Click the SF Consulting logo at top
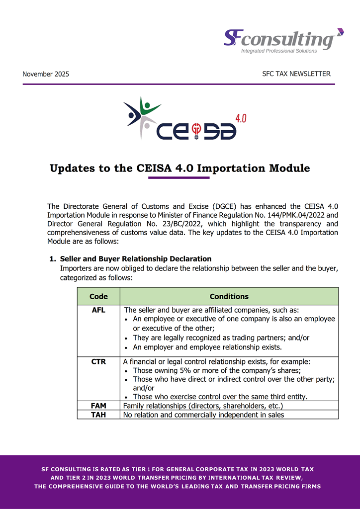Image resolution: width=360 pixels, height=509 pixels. [283, 40]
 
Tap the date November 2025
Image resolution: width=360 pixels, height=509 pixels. [46, 74]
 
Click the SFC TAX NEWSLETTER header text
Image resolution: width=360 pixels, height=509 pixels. [296, 74]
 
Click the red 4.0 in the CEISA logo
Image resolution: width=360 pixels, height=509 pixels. [240, 118]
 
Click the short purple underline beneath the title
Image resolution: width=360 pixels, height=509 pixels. [179, 177]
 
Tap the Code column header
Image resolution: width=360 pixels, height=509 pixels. [98, 296]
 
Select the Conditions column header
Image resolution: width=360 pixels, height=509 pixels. [229, 296]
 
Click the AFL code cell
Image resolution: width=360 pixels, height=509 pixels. [98, 310]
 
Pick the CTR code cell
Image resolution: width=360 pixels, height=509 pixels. [98, 362]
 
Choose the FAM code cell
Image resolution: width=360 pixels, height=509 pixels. [98, 406]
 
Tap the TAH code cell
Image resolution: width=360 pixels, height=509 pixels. [98, 415]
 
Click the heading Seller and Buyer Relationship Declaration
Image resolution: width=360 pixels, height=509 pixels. [135, 259]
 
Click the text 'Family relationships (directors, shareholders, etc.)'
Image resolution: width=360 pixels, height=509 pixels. [203, 406]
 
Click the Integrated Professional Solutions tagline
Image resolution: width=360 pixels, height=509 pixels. [279, 51]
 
